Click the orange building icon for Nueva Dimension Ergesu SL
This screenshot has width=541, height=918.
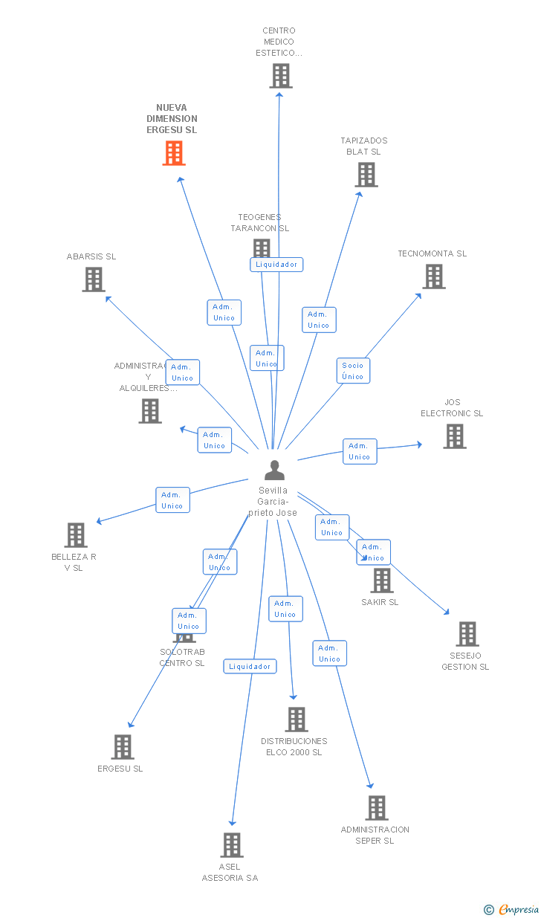pyautogui.click(x=173, y=152)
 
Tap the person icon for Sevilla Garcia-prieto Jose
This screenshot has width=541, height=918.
pyautogui.click(x=274, y=471)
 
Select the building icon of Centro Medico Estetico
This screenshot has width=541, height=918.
pyautogui.click(x=280, y=76)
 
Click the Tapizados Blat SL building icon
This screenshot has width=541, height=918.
pyautogui.click(x=366, y=175)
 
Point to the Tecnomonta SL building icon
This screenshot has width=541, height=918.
pyautogui.click(x=433, y=277)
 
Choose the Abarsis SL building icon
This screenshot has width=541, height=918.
pyautogui.click(x=93, y=279)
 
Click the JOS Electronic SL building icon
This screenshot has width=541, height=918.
pyautogui.click(x=454, y=436)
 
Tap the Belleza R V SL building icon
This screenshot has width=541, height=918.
pyautogui.click(x=75, y=535)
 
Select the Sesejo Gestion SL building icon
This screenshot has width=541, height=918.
pyautogui.click(x=467, y=634)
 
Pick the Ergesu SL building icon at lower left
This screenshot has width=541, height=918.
pyautogui.click(x=122, y=747)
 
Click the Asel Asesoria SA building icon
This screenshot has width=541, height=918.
pyautogui.click(x=231, y=845)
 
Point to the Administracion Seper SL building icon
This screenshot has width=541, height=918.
pyautogui.click(x=376, y=808)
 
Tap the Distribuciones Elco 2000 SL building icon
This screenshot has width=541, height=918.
pyautogui.click(x=296, y=720)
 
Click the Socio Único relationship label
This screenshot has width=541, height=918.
pyautogui.click(x=353, y=371)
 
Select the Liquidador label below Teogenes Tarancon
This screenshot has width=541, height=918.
pyautogui.click(x=276, y=265)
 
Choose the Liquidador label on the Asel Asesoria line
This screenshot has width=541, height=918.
pyautogui.click(x=250, y=667)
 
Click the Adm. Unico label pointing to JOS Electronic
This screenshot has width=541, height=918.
pyautogui.click(x=360, y=451)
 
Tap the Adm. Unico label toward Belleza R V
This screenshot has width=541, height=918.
pyautogui.click(x=172, y=500)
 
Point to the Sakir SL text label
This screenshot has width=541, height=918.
pyautogui.click(x=380, y=602)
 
